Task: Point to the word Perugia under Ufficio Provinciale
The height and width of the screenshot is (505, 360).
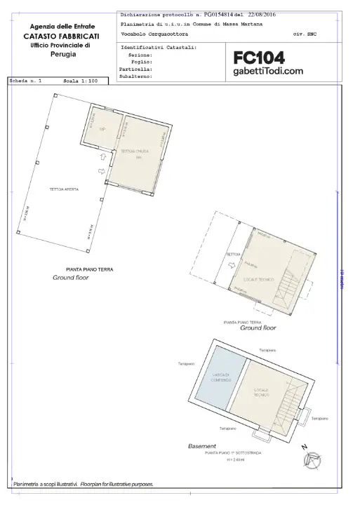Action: [x=61, y=54]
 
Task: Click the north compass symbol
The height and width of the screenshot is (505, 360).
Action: [x=309, y=460]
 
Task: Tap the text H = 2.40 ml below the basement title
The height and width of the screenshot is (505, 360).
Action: [x=232, y=460]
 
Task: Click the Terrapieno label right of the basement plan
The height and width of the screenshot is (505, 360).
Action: [x=320, y=418]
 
